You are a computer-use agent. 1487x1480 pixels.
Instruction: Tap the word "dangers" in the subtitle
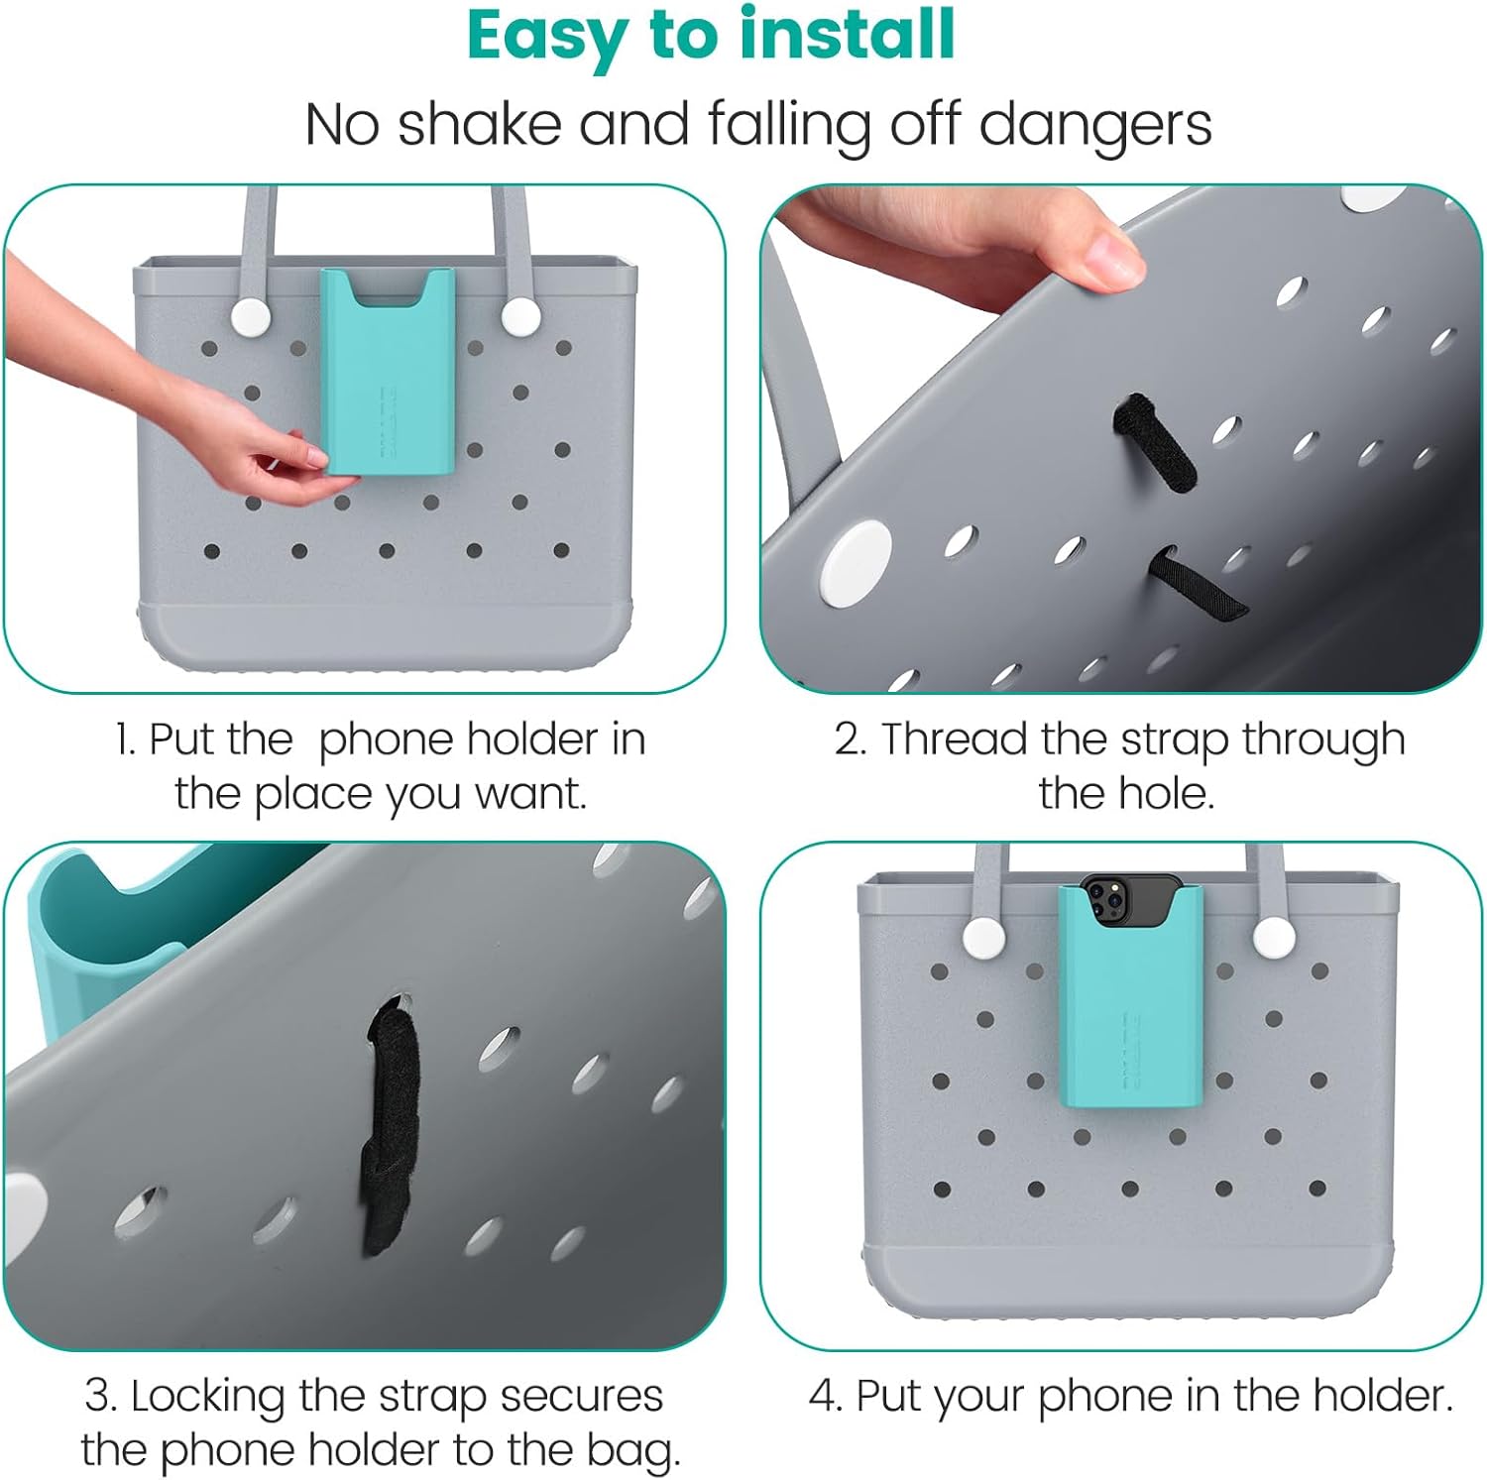tap(1095, 125)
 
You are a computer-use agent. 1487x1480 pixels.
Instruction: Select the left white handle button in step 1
tap(250, 317)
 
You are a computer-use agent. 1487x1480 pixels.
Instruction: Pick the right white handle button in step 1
tap(520, 317)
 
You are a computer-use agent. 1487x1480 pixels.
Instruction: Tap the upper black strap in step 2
tap(1153, 443)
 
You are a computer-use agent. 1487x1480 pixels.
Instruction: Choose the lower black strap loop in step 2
tap(1195, 585)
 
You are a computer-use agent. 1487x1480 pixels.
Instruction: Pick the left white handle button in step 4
tap(981, 935)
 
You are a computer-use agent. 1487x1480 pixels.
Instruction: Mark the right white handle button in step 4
tap(1270, 935)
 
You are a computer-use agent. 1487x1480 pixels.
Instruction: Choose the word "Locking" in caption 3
tap(209, 1397)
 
